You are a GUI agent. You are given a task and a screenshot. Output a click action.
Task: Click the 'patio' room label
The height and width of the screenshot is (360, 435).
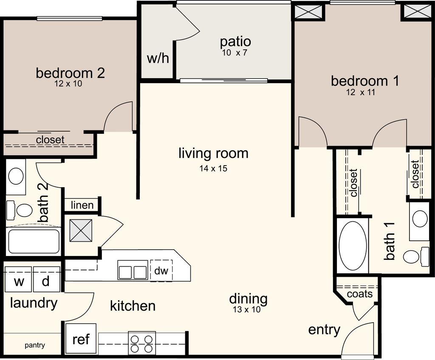[x=235, y=42]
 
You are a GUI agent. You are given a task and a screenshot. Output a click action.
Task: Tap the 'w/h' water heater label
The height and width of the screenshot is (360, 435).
[x=158, y=58]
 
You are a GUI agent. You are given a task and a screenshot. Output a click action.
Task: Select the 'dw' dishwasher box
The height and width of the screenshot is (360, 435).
[x=161, y=270]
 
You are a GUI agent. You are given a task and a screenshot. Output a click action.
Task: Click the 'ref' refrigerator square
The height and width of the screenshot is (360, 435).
[x=81, y=339]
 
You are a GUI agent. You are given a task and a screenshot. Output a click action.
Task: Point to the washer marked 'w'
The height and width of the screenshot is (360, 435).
[x=19, y=279]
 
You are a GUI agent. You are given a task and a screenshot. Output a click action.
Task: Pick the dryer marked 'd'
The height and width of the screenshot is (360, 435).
[x=46, y=279]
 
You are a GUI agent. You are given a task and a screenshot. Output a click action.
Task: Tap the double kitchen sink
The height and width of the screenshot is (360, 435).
[x=133, y=270]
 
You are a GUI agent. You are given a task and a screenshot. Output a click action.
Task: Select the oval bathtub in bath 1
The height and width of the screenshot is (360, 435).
[x=353, y=245]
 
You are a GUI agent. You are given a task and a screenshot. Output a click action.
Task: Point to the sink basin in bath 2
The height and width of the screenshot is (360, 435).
[x=16, y=176]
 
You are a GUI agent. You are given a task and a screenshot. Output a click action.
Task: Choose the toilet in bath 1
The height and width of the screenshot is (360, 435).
[x=416, y=255]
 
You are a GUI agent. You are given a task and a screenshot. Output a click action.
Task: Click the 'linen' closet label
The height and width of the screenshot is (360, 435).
[x=82, y=205]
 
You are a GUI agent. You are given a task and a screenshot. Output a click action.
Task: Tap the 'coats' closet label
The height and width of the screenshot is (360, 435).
[x=359, y=293]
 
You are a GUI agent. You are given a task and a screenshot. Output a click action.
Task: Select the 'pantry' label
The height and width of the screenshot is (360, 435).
[x=35, y=345]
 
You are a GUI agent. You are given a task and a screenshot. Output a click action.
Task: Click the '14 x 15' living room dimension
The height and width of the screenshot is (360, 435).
[x=213, y=168]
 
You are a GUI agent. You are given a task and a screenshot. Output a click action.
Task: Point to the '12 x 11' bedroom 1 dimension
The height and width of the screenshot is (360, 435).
[x=361, y=92]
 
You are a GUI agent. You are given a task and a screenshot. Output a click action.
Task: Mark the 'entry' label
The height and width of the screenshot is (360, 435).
[x=324, y=330]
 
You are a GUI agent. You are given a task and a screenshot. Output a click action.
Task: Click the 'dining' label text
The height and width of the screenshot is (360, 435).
[x=248, y=299]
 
